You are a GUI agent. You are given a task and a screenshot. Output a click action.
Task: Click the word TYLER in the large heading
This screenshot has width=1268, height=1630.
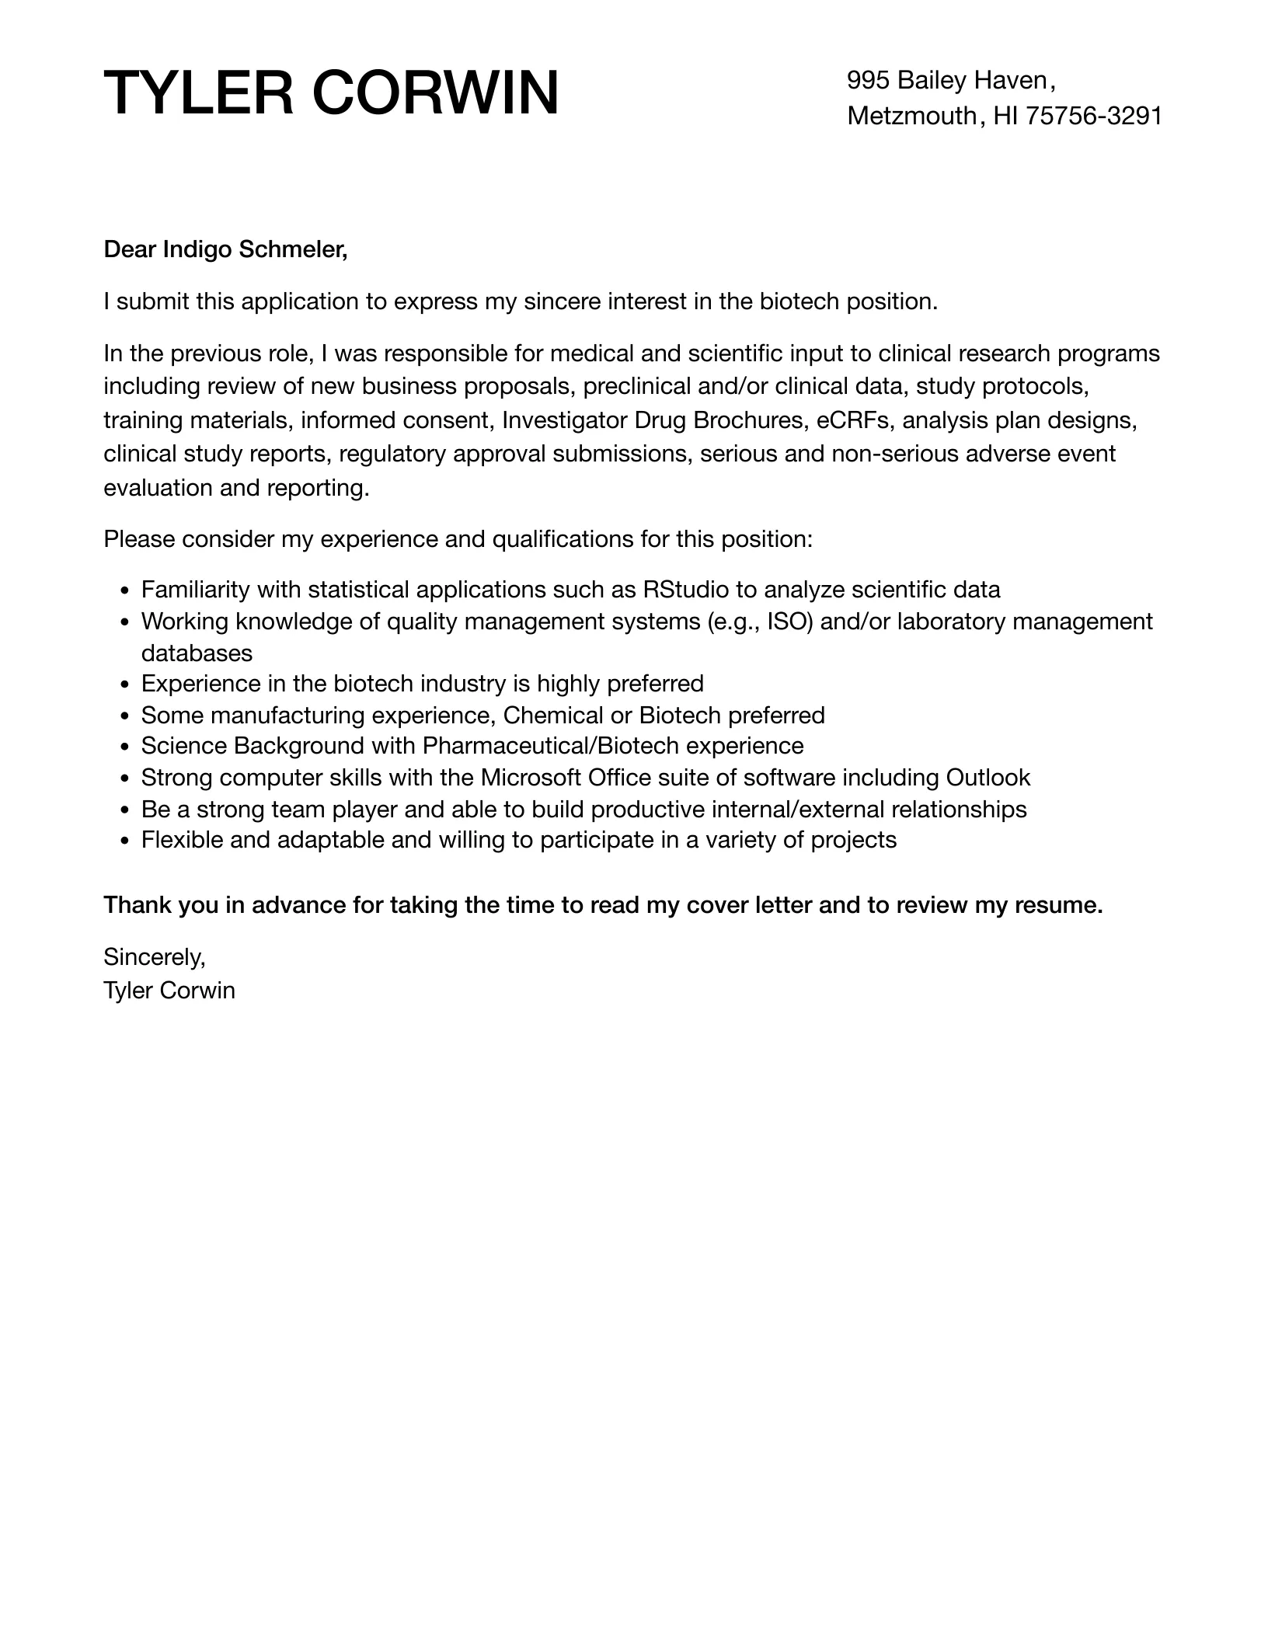point(200,93)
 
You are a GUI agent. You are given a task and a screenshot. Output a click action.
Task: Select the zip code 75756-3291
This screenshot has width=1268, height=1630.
point(1094,116)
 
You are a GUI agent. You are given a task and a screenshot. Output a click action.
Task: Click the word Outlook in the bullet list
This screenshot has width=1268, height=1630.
point(988,778)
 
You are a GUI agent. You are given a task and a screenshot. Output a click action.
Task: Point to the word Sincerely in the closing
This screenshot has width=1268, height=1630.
point(154,957)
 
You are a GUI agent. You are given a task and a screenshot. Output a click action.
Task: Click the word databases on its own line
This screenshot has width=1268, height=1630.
point(197,653)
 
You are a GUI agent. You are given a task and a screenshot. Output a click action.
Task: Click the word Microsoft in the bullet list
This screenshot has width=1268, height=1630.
point(531,778)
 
